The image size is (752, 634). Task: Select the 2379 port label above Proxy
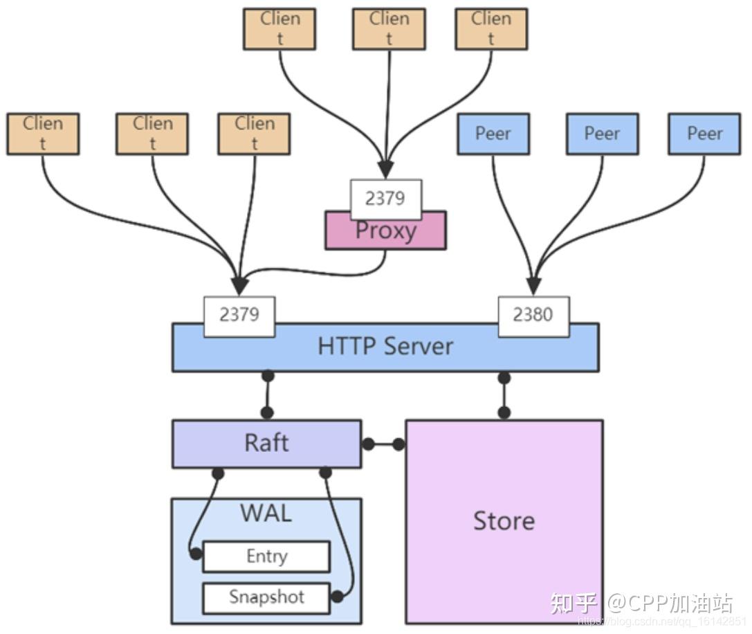(x=385, y=199)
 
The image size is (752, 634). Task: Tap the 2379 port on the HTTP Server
(x=239, y=315)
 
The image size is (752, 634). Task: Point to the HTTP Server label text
(x=385, y=346)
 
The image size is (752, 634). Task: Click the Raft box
(x=266, y=443)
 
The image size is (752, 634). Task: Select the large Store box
(x=504, y=520)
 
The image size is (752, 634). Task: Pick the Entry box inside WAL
(x=266, y=556)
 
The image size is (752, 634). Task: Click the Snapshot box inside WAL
(x=266, y=597)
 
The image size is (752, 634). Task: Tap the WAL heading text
(x=266, y=514)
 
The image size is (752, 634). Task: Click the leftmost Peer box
(x=493, y=134)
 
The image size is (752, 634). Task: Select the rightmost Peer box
(x=704, y=134)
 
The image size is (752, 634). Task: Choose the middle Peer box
(x=602, y=134)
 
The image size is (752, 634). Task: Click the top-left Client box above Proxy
(x=279, y=29)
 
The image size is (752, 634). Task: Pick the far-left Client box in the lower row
(x=43, y=134)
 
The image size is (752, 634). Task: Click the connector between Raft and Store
(x=383, y=444)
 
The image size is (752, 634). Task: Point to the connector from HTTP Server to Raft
(x=267, y=395)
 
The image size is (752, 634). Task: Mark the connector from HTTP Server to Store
(x=504, y=395)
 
